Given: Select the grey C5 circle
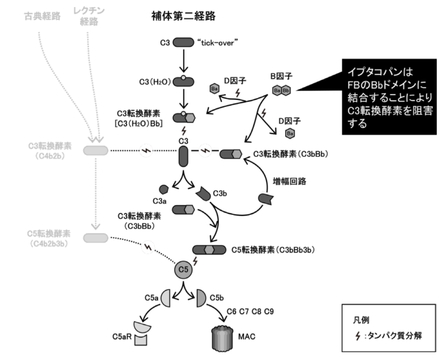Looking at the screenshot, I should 184,270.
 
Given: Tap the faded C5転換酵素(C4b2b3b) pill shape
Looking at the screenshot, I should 95,238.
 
